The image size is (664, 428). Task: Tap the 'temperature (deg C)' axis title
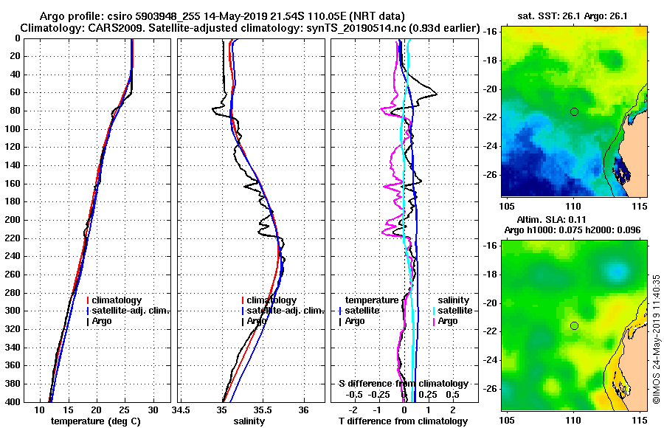95,421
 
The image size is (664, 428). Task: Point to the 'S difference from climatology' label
404,384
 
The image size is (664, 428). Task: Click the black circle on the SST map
574,111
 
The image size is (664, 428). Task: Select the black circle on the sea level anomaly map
574,325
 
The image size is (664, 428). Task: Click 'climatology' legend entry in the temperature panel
118,300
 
